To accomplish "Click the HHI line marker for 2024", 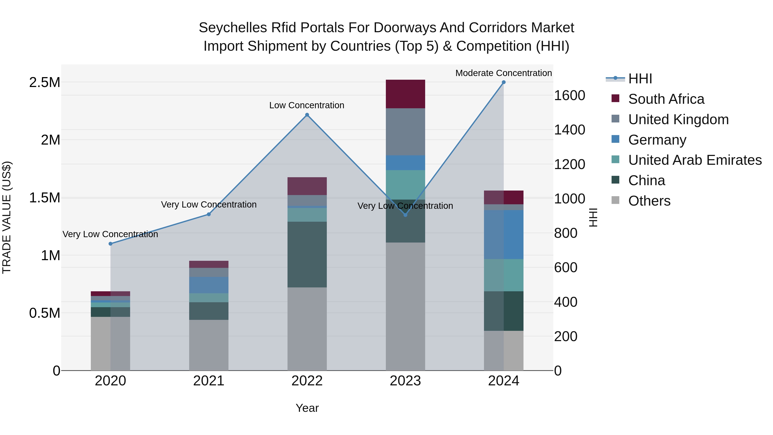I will (504, 82).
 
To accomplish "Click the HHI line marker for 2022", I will (307, 115).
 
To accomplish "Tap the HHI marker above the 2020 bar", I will (110, 244).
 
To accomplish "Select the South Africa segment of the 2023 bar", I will (405, 94).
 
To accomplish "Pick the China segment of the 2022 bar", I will (307, 254).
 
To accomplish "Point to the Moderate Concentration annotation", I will (503, 73).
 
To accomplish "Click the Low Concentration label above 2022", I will (306, 105).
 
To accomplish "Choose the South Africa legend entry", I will (666, 99).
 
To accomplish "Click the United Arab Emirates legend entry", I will (695, 160).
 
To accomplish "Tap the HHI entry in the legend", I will (640, 79).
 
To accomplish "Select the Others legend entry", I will (649, 201).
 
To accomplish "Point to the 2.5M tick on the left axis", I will (44, 82).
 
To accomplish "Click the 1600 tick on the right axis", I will (569, 95).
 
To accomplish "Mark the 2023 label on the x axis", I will (405, 381).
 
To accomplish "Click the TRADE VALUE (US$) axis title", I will (7, 217).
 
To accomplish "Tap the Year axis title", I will (307, 408).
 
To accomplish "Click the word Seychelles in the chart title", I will (233, 28).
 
